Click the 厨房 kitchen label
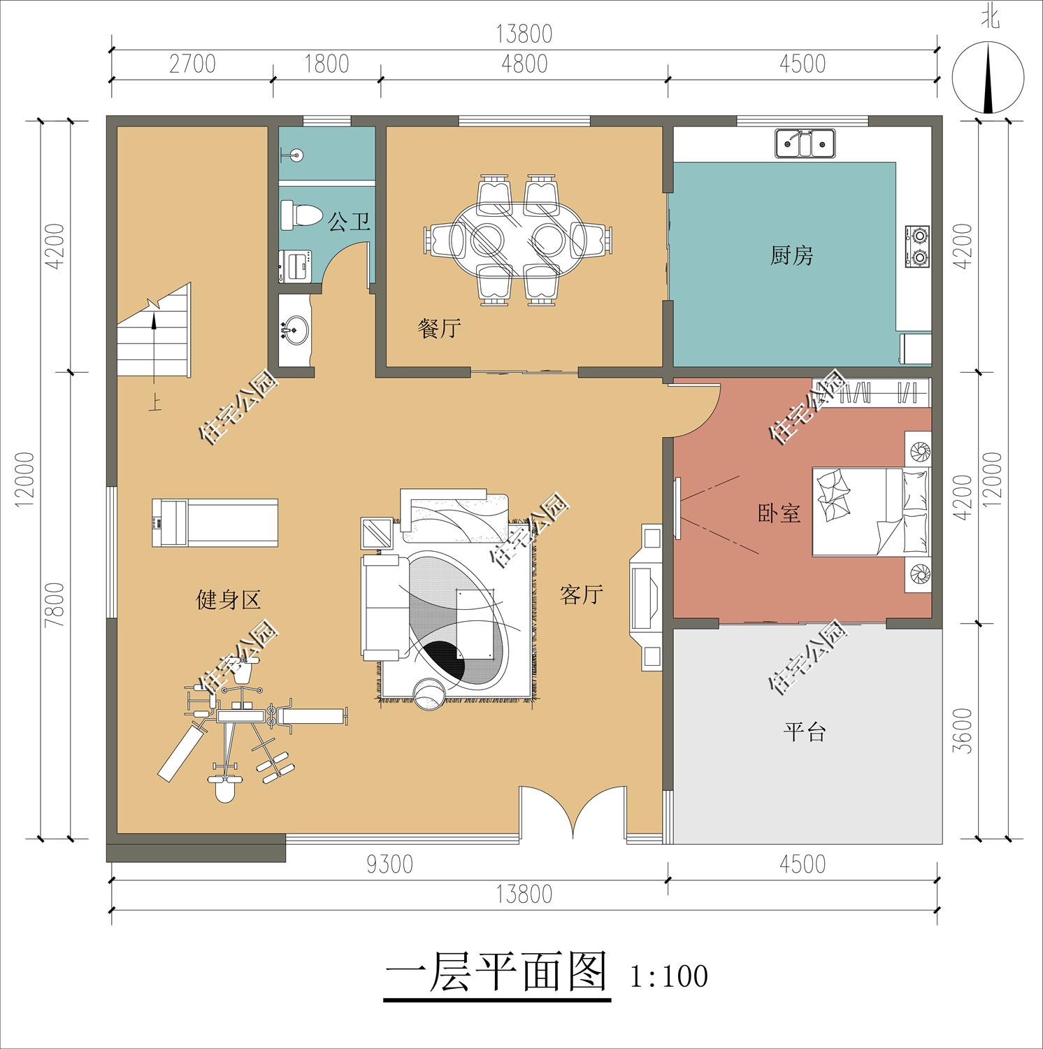[x=791, y=256]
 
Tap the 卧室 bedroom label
[x=779, y=514]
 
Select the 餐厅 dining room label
[x=439, y=328]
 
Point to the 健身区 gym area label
[x=228, y=599]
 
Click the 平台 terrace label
[x=804, y=732]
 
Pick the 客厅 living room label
[x=581, y=595]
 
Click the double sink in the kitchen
[x=804, y=144]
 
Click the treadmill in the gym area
[x=215, y=522]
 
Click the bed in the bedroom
[x=870, y=513]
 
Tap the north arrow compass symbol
[x=988, y=76]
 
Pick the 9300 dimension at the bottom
[x=389, y=864]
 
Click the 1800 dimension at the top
[x=326, y=64]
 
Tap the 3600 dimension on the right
[x=963, y=731]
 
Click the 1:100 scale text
[x=669, y=976]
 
